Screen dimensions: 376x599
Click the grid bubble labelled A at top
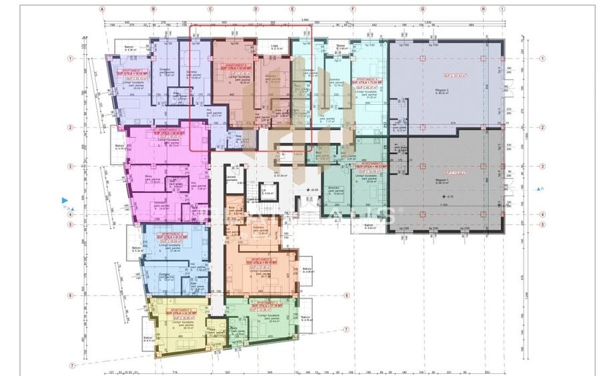coord(102,10)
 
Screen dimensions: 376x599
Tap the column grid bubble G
coord(422,10)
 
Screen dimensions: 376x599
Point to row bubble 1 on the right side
coord(542,59)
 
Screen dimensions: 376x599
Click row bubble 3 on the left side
coord(69,166)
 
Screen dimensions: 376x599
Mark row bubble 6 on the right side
coord(347,295)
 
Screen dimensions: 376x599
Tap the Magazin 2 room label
coord(442,91)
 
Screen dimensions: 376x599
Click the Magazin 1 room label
coord(442,181)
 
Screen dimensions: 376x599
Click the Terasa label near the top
coord(342,47)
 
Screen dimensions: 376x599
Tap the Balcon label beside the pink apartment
coord(119,146)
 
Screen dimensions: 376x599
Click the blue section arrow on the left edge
coord(65,200)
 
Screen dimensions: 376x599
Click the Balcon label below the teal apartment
coord(370,226)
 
